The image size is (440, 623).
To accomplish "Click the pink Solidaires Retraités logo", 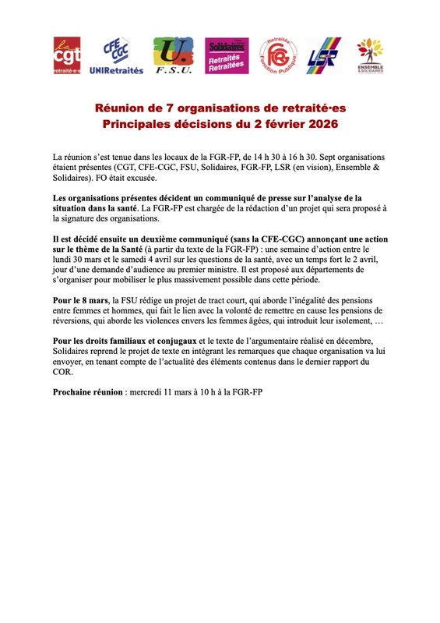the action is click(x=227, y=56).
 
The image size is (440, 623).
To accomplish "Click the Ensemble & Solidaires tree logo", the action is click(x=370, y=56).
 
